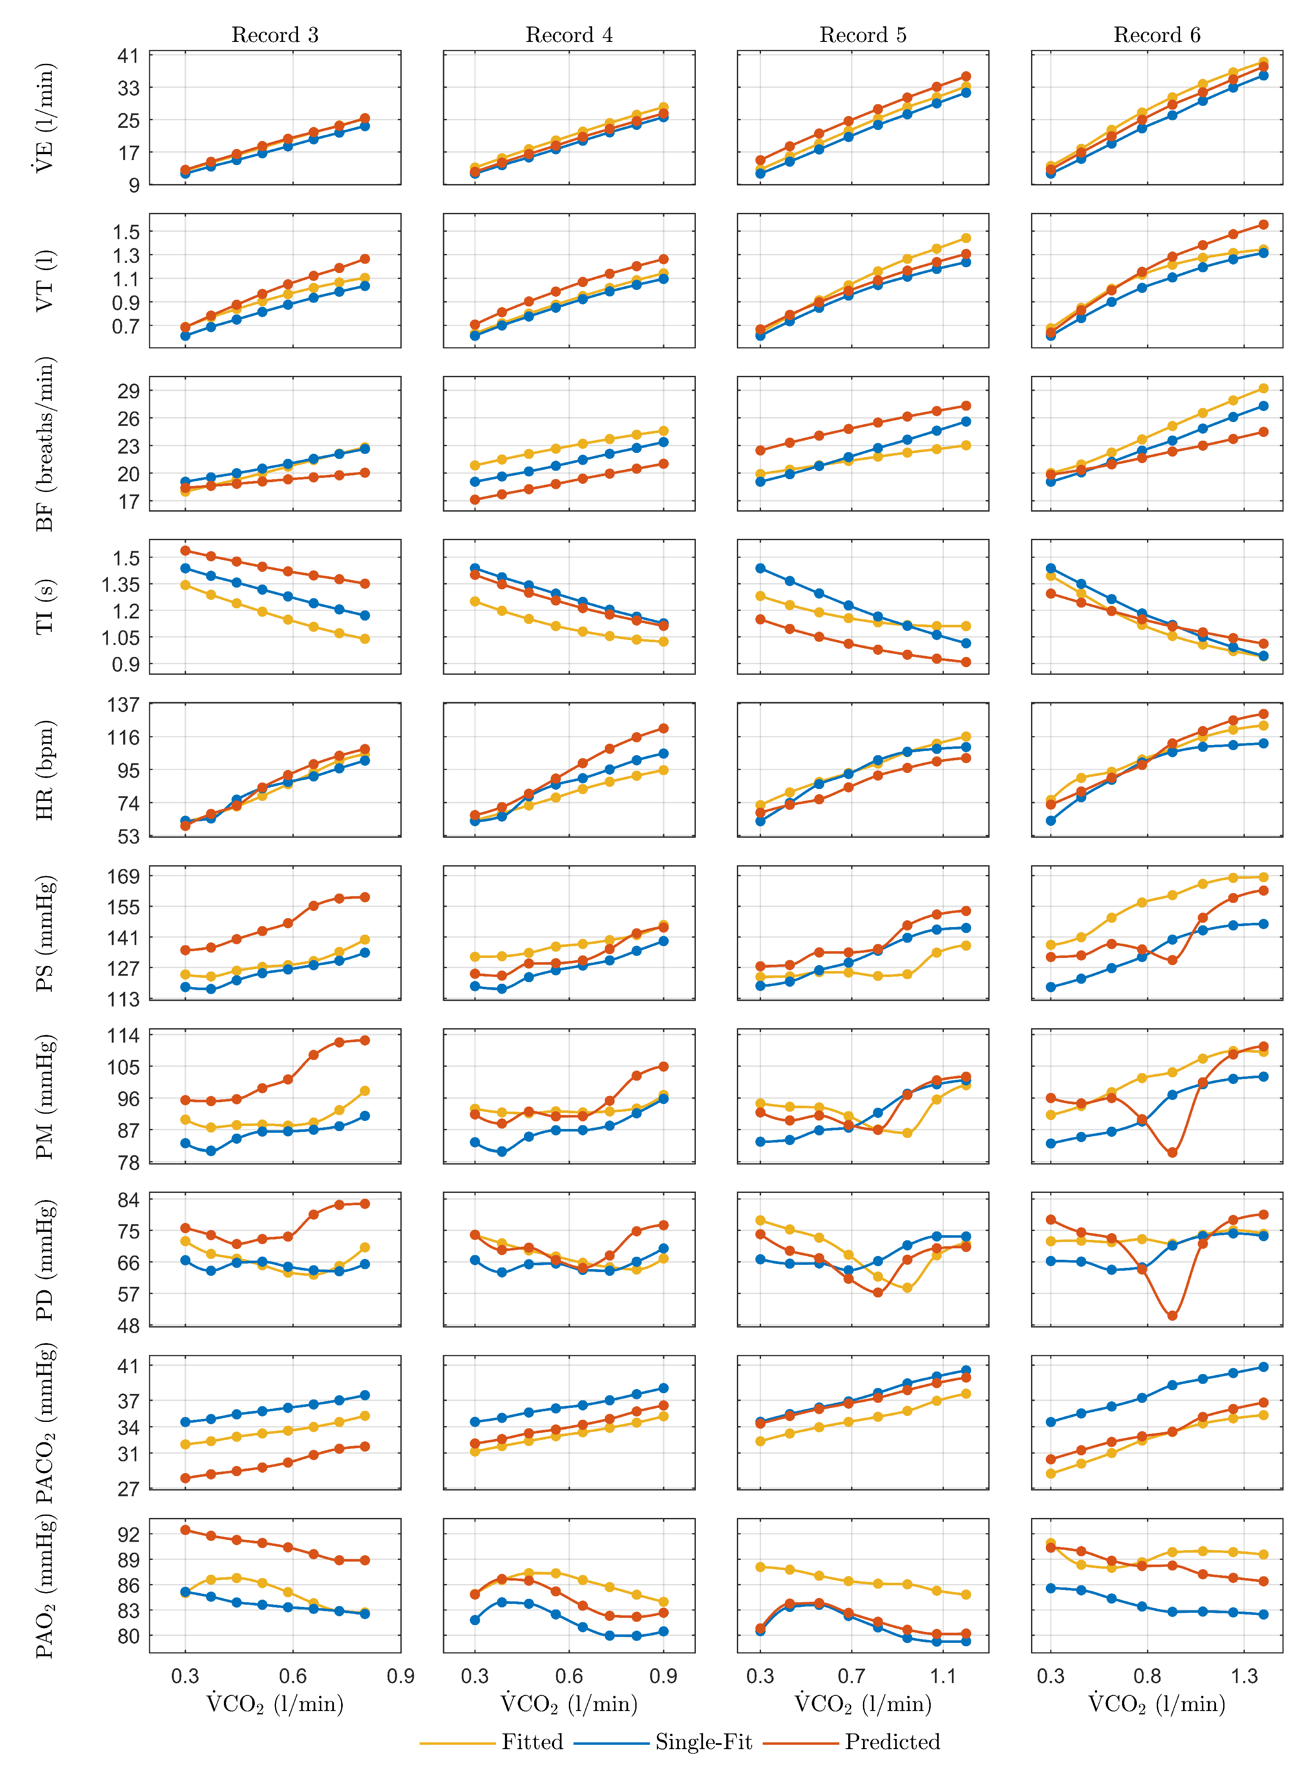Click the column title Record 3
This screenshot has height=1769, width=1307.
pyautogui.click(x=275, y=35)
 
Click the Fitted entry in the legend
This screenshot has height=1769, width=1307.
pyautogui.click(x=532, y=1741)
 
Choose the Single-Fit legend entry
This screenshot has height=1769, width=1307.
pyautogui.click(x=703, y=1741)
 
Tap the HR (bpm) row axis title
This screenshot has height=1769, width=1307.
pyautogui.click(x=45, y=770)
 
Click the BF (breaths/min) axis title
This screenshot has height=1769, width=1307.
pyautogui.click(x=45, y=444)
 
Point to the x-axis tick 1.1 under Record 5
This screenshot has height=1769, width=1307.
pyautogui.click(x=942, y=1675)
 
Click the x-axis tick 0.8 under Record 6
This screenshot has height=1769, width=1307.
pyautogui.click(x=1147, y=1675)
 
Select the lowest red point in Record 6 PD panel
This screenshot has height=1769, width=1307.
pyautogui.click(x=1172, y=1316)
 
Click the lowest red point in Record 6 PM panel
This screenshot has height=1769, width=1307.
pyautogui.click(x=1172, y=1153)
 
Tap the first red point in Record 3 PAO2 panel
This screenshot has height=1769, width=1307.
pyautogui.click(x=185, y=1529)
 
